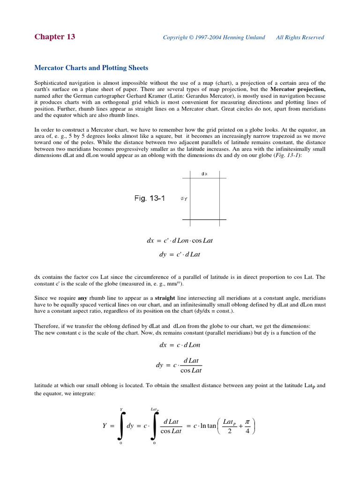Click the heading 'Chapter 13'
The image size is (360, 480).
coord(54,37)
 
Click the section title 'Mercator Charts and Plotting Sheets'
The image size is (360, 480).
coord(91,68)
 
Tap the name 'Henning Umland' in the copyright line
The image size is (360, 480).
coord(247,37)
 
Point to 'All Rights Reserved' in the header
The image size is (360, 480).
coord(300,37)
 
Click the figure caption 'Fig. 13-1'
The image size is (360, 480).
coord(150,198)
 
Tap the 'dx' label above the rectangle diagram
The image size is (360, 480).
coord(204,173)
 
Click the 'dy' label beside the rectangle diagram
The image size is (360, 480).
coord(184,198)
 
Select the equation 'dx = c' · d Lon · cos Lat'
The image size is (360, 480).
coord(180,240)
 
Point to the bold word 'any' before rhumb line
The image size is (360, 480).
coord(82,298)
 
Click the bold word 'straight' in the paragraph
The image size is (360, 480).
coord(165,298)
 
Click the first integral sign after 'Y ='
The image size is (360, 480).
coord(121,426)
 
